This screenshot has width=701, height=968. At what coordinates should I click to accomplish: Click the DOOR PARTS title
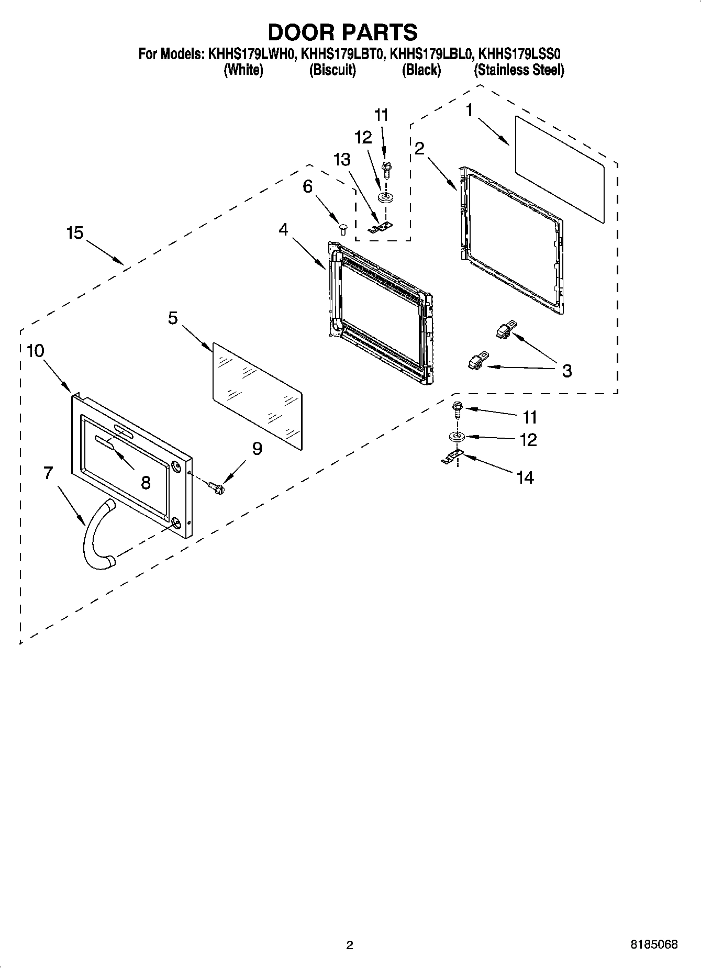click(x=343, y=32)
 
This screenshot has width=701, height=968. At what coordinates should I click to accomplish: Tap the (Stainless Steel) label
click(x=519, y=70)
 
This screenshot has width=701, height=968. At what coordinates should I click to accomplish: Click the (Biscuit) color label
click(x=332, y=70)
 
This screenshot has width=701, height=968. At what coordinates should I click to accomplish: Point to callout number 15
click(x=75, y=233)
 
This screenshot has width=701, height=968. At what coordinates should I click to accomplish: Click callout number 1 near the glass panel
click(x=470, y=110)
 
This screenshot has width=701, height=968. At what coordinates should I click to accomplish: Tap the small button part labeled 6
click(x=344, y=228)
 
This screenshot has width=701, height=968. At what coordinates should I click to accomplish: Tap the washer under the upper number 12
click(x=386, y=197)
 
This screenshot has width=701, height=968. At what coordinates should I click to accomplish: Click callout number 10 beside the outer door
click(x=35, y=351)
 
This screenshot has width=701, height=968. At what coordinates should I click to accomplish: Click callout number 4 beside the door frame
click(x=283, y=229)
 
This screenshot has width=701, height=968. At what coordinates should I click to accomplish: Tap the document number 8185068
click(x=654, y=944)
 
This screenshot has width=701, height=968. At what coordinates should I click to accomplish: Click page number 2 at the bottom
click(x=350, y=945)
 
